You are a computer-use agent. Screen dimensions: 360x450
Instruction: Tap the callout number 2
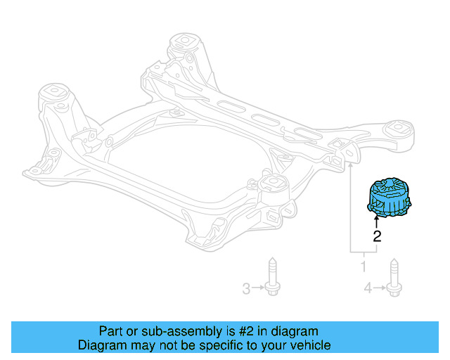(x=377, y=236)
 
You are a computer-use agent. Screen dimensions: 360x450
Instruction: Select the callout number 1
(x=364, y=267)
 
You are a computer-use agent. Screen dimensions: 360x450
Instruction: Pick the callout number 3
(x=246, y=288)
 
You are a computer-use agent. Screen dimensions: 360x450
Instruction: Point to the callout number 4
(x=368, y=288)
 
